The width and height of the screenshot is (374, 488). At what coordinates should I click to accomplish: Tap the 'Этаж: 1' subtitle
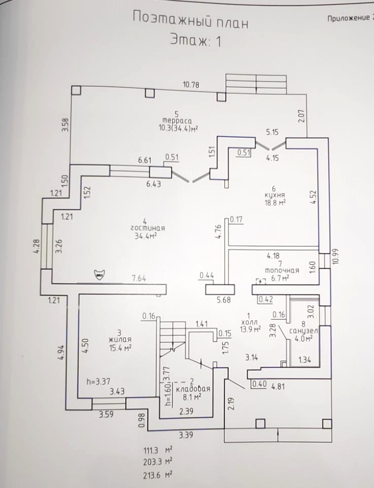click(195, 41)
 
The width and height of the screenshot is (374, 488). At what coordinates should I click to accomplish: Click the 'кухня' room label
click(274, 194)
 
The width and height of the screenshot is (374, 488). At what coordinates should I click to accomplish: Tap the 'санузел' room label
click(303, 331)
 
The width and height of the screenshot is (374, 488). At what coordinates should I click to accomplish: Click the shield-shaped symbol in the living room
click(99, 274)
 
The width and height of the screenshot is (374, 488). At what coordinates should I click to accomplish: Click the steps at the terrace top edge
click(256, 84)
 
